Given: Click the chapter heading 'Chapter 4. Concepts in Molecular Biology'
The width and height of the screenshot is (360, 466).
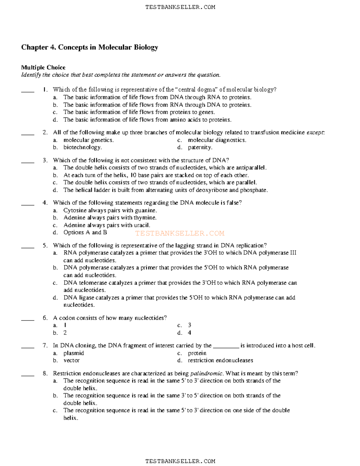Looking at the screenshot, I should coord(89,47).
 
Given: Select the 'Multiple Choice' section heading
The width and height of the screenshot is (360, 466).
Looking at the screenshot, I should coord(43,68).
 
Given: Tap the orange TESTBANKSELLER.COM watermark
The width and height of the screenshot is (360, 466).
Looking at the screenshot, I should coord(179,233).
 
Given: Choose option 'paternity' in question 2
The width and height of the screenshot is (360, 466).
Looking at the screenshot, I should coord(200,147).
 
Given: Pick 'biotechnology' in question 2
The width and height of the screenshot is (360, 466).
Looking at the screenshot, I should coord(82,147).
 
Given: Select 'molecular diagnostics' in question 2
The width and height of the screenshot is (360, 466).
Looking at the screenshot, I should coord(217,140).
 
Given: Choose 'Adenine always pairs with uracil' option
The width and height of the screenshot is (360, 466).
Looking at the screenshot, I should coord(106,225).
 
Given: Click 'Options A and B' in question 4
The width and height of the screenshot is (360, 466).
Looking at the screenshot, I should coord(85,233).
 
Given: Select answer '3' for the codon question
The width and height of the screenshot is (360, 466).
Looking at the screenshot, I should coord(189,325).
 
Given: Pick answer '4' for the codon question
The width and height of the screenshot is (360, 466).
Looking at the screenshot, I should coord(189,333).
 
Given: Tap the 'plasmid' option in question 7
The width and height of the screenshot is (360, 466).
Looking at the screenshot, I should coord(73,353).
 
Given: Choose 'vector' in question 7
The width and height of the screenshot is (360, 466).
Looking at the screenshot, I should coord(71,360).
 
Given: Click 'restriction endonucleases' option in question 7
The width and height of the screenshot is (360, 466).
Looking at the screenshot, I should coord(220,360).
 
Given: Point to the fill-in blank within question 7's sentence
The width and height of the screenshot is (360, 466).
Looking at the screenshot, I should coord(226,346).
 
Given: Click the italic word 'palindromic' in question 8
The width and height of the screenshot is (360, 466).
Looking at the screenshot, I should coord(207,374).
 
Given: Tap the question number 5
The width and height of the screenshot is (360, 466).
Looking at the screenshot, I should coord(45,245).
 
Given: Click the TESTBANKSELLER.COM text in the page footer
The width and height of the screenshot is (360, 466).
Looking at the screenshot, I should coord(180,461).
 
